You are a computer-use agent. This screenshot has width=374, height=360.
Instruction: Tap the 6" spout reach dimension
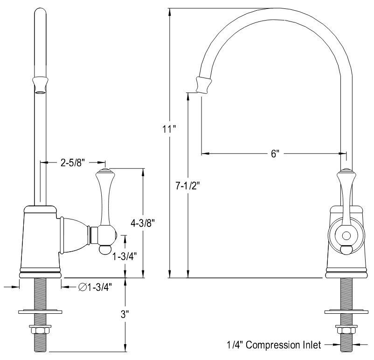[274, 154]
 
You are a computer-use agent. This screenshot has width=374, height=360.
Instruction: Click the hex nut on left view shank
[40, 330]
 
